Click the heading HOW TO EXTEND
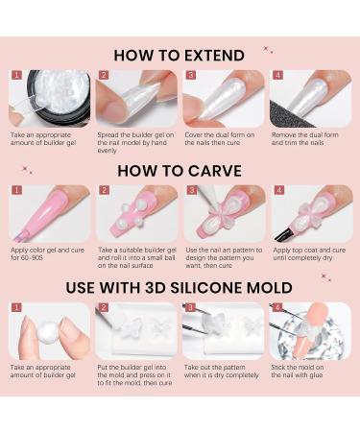[179, 55]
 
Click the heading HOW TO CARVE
[179, 170]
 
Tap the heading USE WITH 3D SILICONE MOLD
[179, 287]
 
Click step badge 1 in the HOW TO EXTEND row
[16, 74]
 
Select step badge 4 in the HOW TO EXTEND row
[276, 74]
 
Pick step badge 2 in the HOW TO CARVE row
[103, 190]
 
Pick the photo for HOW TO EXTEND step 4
[309, 99]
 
